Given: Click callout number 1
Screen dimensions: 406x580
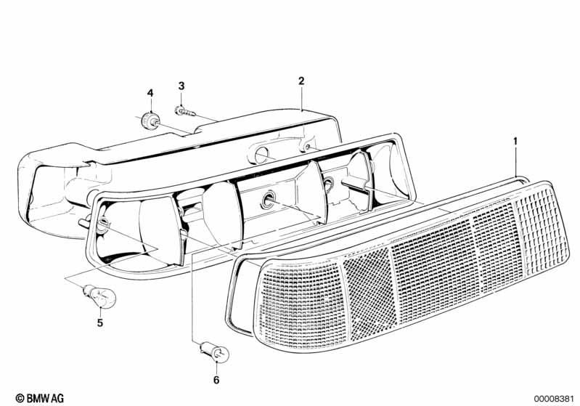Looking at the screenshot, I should point(516,139).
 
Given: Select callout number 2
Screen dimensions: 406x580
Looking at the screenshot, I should point(301,81).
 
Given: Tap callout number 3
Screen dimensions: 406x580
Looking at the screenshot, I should point(181,87).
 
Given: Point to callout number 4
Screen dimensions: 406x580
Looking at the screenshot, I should point(150,93).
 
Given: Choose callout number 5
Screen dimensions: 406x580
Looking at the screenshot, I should point(99,322).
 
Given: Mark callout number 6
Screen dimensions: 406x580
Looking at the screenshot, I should point(216,379).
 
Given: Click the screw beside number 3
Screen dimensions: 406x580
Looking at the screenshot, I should point(183,111).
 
